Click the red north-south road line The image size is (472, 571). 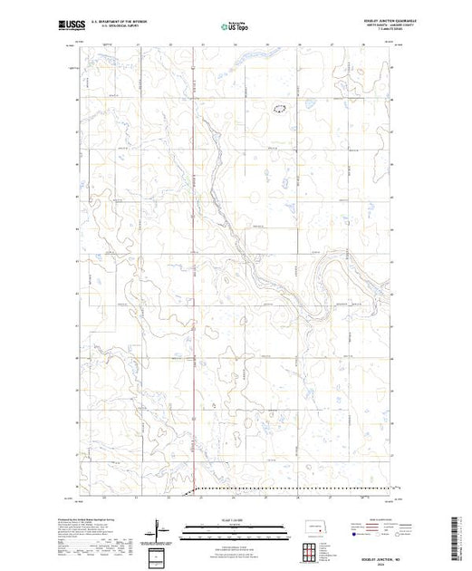(195, 272)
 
